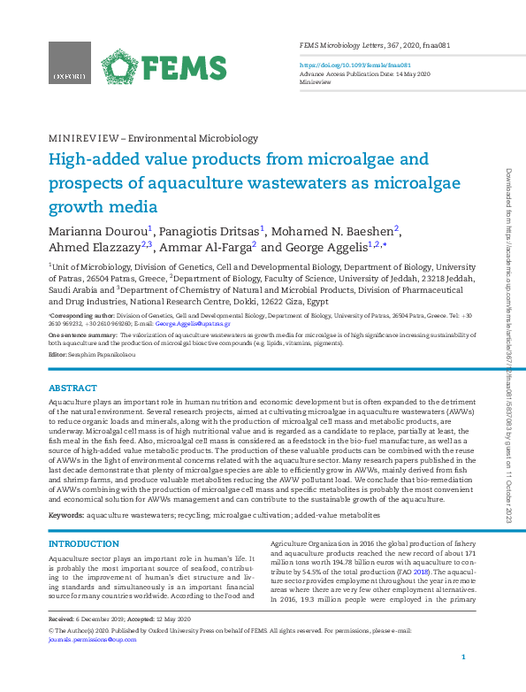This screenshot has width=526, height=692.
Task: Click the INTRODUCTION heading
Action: tap(83, 543)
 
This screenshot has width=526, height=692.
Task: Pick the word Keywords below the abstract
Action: tap(65, 513)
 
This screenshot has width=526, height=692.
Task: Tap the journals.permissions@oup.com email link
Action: tap(84, 636)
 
